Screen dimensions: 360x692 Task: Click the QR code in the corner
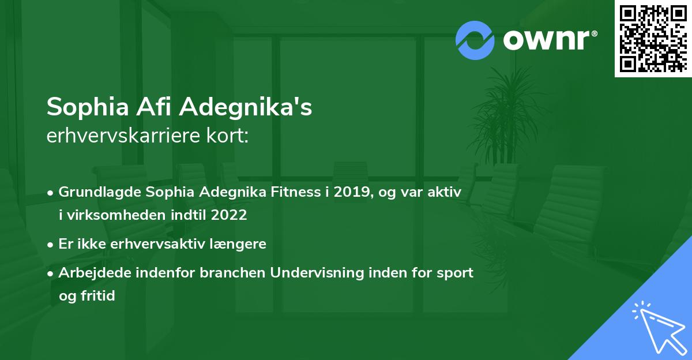click(653, 38)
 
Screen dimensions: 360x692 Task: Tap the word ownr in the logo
click(550, 40)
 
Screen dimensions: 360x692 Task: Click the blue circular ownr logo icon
click(475, 40)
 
